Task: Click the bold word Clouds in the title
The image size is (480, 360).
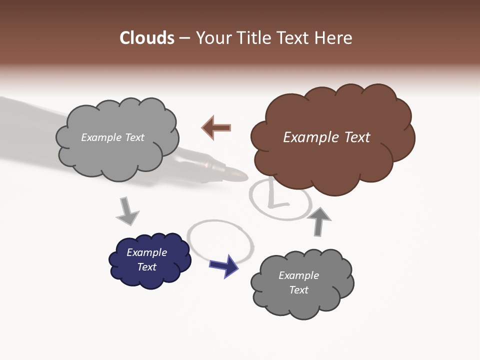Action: (147, 38)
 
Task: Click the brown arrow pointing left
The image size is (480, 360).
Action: (216, 128)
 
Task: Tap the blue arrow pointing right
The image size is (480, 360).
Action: (224, 265)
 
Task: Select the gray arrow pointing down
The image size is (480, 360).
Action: (127, 211)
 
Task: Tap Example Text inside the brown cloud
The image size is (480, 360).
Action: (326, 137)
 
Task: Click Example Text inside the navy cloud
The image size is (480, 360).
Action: (146, 259)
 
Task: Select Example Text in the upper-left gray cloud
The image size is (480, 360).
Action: (112, 137)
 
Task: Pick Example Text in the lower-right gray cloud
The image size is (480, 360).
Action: (298, 282)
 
